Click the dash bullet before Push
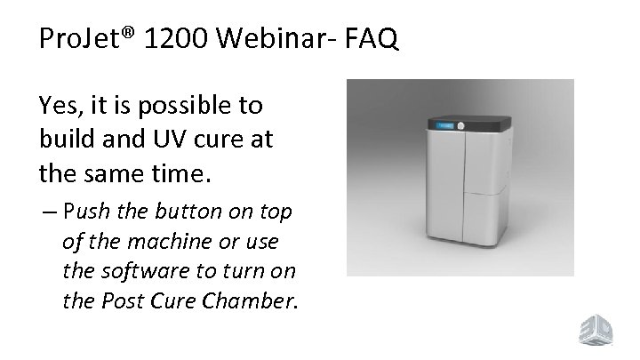tap(48, 213)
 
